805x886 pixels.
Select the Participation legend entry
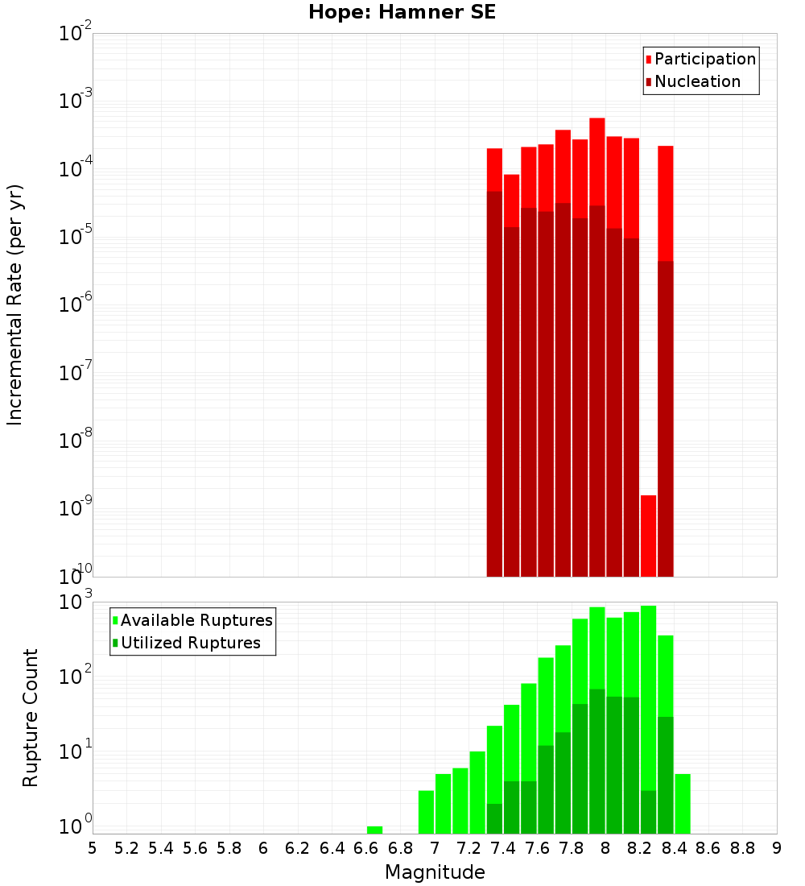pyautogui.click(x=705, y=60)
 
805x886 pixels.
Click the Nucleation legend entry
pyautogui.click(x=697, y=82)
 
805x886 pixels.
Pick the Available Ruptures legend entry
pyautogui.click(x=196, y=621)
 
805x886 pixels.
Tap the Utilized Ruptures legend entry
pyautogui.click(x=190, y=644)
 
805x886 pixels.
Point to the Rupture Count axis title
pyautogui.click(x=31, y=718)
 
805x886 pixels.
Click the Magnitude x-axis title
pyautogui.click(x=435, y=872)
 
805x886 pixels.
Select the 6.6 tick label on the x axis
pyautogui.click(x=366, y=848)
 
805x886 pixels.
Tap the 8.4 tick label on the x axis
pyautogui.click(x=675, y=848)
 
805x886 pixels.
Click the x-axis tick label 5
pyautogui.click(x=93, y=848)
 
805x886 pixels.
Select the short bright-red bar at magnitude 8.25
pyautogui.click(x=648, y=536)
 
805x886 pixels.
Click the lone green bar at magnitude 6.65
pyautogui.click(x=374, y=830)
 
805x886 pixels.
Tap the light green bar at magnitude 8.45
pyautogui.click(x=683, y=804)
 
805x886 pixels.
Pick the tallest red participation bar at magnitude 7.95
pyautogui.click(x=597, y=161)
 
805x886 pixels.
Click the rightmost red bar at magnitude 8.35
pyautogui.click(x=665, y=201)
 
